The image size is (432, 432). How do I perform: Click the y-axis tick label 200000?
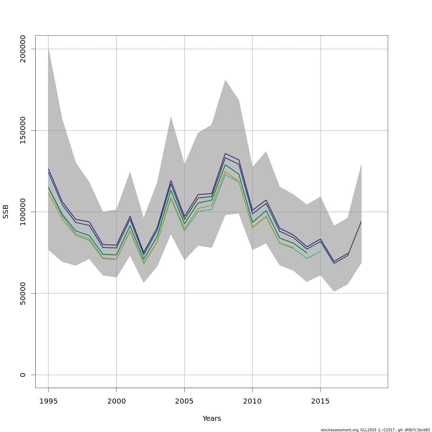click(x=23, y=49)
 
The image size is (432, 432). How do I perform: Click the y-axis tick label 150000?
click(x=23, y=130)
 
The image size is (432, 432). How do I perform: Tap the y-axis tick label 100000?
click(x=23, y=212)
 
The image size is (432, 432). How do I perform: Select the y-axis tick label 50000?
click(x=23, y=293)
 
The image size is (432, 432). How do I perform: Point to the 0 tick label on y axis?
click(x=23, y=375)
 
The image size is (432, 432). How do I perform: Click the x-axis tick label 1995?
click(x=48, y=401)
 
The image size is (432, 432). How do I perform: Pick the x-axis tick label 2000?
click(x=116, y=401)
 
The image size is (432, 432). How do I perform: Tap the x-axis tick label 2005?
click(x=184, y=401)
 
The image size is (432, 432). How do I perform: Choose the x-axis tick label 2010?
click(x=252, y=401)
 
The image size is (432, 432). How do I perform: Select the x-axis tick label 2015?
click(x=320, y=401)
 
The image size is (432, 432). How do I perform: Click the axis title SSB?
click(x=6, y=212)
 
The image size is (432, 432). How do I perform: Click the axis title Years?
click(x=212, y=419)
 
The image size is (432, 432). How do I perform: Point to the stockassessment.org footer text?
click(x=375, y=430)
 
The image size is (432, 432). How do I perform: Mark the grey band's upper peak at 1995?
click(x=49, y=49)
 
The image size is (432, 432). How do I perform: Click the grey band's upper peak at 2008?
click(x=225, y=80)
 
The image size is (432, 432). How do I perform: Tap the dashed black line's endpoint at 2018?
click(x=361, y=221)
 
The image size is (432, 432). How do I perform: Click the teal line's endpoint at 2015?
click(x=320, y=251)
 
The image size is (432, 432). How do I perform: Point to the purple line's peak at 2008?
click(x=225, y=154)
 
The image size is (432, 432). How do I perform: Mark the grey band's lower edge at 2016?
click(x=334, y=291)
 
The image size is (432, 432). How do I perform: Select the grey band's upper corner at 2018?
click(x=361, y=165)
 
